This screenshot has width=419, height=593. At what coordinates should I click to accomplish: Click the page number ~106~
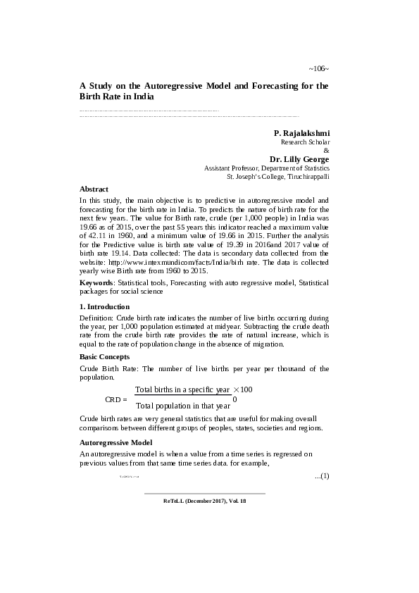pyautogui.click(x=318, y=68)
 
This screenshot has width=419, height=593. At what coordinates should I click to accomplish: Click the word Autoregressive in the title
pyautogui.click(x=171, y=85)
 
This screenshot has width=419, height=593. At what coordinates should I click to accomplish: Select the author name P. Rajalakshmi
pyautogui.click(x=301, y=132)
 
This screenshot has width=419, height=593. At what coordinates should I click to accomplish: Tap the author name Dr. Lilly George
pyautogui.click(x=299, y=159)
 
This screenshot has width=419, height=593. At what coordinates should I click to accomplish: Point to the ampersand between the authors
pyautogui.click(x=325, y=151)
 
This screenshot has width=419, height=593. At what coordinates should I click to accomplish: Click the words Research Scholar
pyautogui.click(x=305, y=142)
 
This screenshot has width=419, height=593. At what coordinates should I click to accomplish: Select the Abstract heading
pyautogui.click(x=94, y=189)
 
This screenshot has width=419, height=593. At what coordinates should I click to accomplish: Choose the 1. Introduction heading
pyautogui.click(x=104, y=307)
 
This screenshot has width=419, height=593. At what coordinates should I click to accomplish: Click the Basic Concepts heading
pyautogui.click(x=105, y=357)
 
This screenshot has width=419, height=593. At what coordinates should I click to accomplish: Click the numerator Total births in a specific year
pyautogui.click(x=182, y=389)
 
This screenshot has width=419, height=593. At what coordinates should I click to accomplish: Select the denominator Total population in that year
pyautogui.click(x=183, y=406)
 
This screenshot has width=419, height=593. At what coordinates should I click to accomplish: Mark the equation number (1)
pyautogui.click(x=321, y=476)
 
